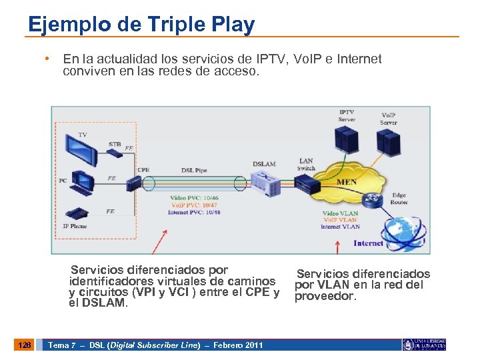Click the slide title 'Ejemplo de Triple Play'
click(x=141, y=25)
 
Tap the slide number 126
click(x=25, y=345)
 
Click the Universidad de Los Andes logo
click(x=424, y=345)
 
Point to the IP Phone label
click(x=75, y=226)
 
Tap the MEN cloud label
click(x=347, y=182)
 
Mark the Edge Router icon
click(x=372, y=199)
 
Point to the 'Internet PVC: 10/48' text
click(x=194, y=212)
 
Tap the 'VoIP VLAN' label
click(x=340, y=220)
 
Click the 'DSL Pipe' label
click(x=194, y=171)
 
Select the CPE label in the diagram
click(x=143, y=170)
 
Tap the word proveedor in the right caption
click(x=326, y=296)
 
